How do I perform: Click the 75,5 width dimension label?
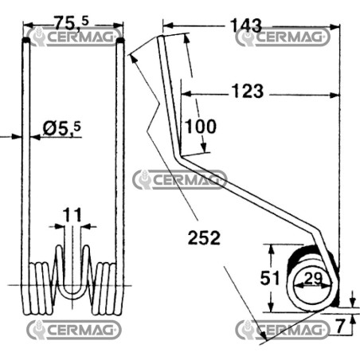[x=71, y=22]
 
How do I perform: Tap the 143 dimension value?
[x=246, y=25]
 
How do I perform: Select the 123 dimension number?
[x=248, y=91]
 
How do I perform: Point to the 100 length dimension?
[x=201, y=127]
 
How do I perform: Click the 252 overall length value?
[x=204, y=237]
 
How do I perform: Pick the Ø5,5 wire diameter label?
[x=61, y=128]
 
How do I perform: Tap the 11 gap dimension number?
[x=72, y=215]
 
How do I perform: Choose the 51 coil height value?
[x=270, y=278]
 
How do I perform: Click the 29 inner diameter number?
[x=313, y=279]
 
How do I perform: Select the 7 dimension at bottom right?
[x=340, y=326]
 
